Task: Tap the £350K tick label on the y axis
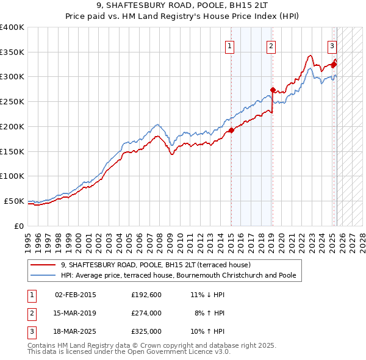click(x=12, y=52)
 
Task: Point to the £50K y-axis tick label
click(x=15, y=201)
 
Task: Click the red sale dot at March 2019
click(x=273, y=90)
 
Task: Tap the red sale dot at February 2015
click(x=231, y=130)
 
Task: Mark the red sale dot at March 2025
click(x=334, y=64)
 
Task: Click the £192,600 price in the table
click(x=146, y=295)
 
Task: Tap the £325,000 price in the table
click(x=146, y=331)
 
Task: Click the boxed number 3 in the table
click(x=30, y=331)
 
